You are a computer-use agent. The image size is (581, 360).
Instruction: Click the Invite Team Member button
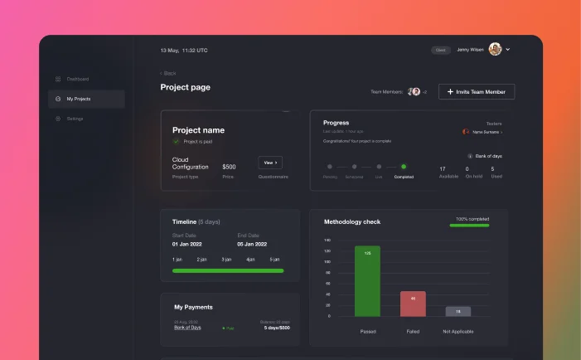477,91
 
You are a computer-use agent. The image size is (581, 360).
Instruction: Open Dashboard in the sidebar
77,79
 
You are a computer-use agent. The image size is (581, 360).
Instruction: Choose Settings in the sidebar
75,119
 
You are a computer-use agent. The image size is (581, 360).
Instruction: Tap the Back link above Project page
168,73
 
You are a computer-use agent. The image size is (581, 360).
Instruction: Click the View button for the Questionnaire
270,163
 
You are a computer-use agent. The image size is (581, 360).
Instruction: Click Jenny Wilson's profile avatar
496,50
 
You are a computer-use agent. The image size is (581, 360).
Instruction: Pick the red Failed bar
413,304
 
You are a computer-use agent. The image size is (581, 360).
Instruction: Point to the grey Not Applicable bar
458,311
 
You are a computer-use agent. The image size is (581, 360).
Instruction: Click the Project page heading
186,87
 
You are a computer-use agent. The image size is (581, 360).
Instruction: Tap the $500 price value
229,167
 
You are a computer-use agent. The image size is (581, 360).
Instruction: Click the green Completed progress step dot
404,167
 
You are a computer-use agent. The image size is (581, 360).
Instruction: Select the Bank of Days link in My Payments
187,327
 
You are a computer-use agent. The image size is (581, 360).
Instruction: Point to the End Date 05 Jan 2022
252,244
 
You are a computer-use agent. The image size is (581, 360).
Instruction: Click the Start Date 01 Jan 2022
187,244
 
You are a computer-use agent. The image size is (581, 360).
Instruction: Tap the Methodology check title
352,221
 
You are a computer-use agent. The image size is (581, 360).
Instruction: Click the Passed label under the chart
368,331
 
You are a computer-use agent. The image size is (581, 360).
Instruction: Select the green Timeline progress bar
228,270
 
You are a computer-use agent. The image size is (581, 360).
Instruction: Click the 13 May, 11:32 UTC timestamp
184,50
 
